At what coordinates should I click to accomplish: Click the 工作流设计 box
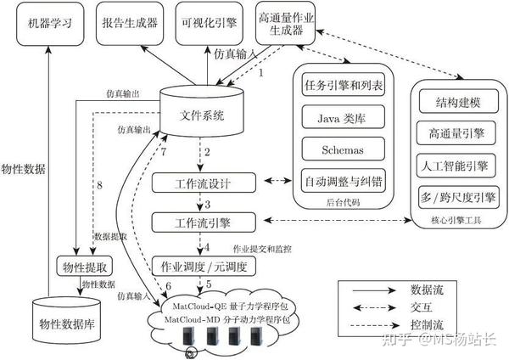coord(203,183)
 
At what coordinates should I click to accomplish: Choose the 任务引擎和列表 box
coord(344,85)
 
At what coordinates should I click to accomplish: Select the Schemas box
coord(344,149)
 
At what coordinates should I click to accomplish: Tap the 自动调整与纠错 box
coord(344,182)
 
